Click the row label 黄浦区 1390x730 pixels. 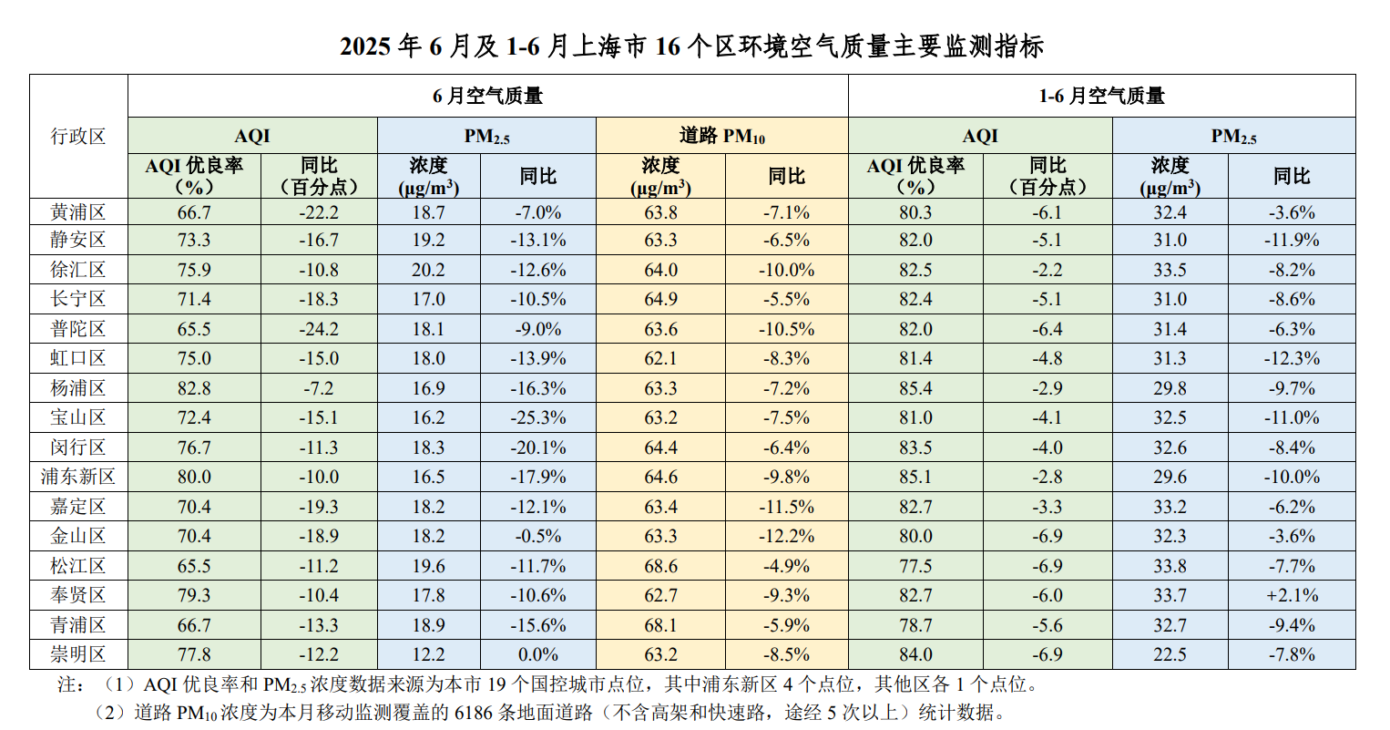78,212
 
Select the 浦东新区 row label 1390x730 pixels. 78,477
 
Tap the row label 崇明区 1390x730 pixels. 78,654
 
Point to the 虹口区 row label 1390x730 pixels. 78,358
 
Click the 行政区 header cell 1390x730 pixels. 78,137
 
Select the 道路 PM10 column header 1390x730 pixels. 721,136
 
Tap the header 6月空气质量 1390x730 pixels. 487,96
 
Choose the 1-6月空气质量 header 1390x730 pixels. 1101,96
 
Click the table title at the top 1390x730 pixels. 692,46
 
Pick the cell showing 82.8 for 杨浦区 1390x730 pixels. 194,388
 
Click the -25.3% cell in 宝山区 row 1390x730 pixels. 537,417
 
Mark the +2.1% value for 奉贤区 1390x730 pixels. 1292,595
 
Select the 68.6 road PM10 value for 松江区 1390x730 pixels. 660,566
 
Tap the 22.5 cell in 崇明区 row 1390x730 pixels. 1170,654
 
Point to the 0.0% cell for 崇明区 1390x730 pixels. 537,654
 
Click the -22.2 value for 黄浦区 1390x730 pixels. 319,212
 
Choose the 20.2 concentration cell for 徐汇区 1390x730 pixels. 428,270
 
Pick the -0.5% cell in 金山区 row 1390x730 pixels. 537,536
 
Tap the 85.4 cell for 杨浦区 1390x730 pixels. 915,388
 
